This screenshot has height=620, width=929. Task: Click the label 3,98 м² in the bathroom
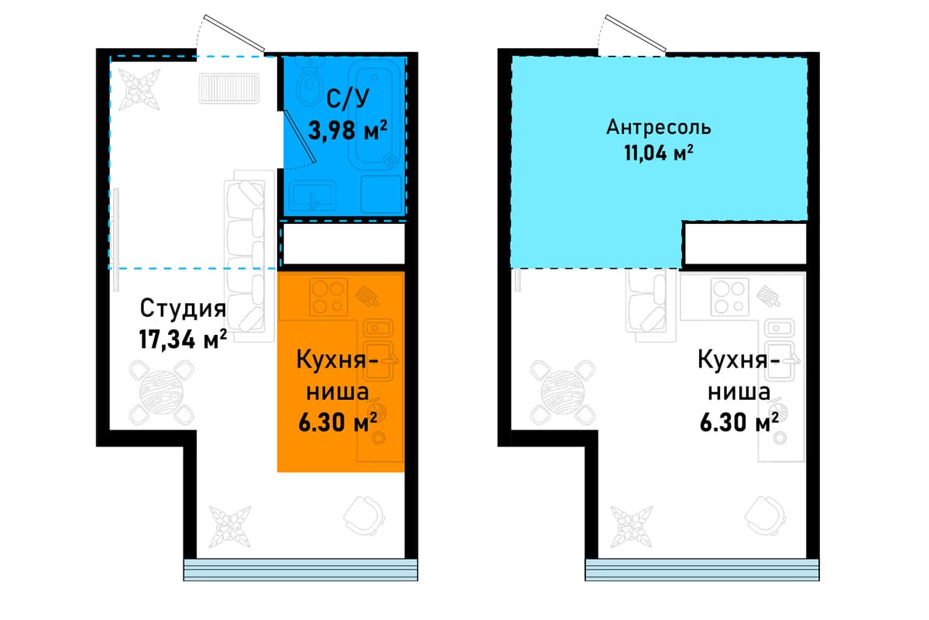[348, 130]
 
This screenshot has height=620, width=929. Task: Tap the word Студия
[183, 308]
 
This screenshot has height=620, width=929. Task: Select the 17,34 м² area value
[183, 339]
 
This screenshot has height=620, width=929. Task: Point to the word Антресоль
[659, 127]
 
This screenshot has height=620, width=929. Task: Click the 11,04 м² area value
[659, 153]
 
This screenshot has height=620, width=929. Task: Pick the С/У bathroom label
[348, 99]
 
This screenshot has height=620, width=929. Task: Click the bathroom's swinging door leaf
[300, 136]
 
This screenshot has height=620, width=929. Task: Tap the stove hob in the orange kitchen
[328, 298]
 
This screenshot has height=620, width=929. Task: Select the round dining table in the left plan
[162, 392]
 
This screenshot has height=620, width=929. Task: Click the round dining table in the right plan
[564, 392]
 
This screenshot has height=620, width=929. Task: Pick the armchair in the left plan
[364, 515]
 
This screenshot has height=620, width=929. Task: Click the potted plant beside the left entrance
[139, 89]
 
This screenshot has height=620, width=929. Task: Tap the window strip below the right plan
[702, 570]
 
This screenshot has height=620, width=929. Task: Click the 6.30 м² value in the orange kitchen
[338, 422]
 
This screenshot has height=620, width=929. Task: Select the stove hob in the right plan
[730, 298]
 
